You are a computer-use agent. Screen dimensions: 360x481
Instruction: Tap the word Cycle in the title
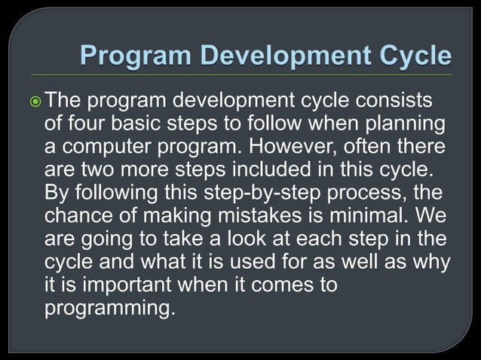410,56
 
